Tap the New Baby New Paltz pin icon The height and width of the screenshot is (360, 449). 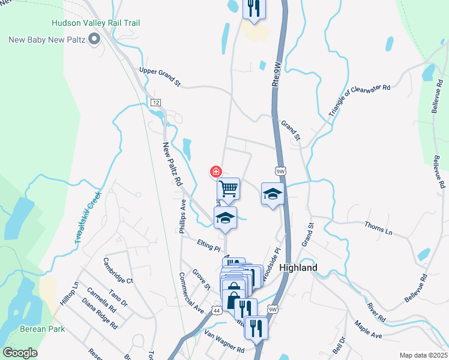coord(94,40)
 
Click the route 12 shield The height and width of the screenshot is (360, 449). coord(156,103)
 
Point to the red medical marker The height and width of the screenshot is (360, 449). coord(215,172)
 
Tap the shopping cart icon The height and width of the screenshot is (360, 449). coord(228,189)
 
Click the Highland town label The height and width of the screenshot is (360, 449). coord(298,268)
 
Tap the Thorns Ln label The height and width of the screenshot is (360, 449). coord(378,227)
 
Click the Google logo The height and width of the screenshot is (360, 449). coord(20,353)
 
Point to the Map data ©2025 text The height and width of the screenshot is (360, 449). coord(423,355)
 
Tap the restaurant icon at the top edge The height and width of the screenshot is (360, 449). coord(253,9)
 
